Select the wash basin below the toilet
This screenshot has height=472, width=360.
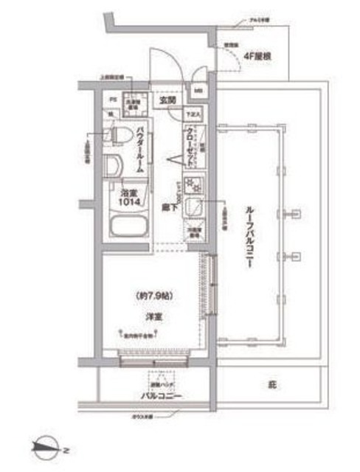click(x=114, y=165)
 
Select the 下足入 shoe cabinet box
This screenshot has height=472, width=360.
click(x=193, y=115)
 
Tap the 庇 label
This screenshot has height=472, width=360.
click(x=271, y=384)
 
